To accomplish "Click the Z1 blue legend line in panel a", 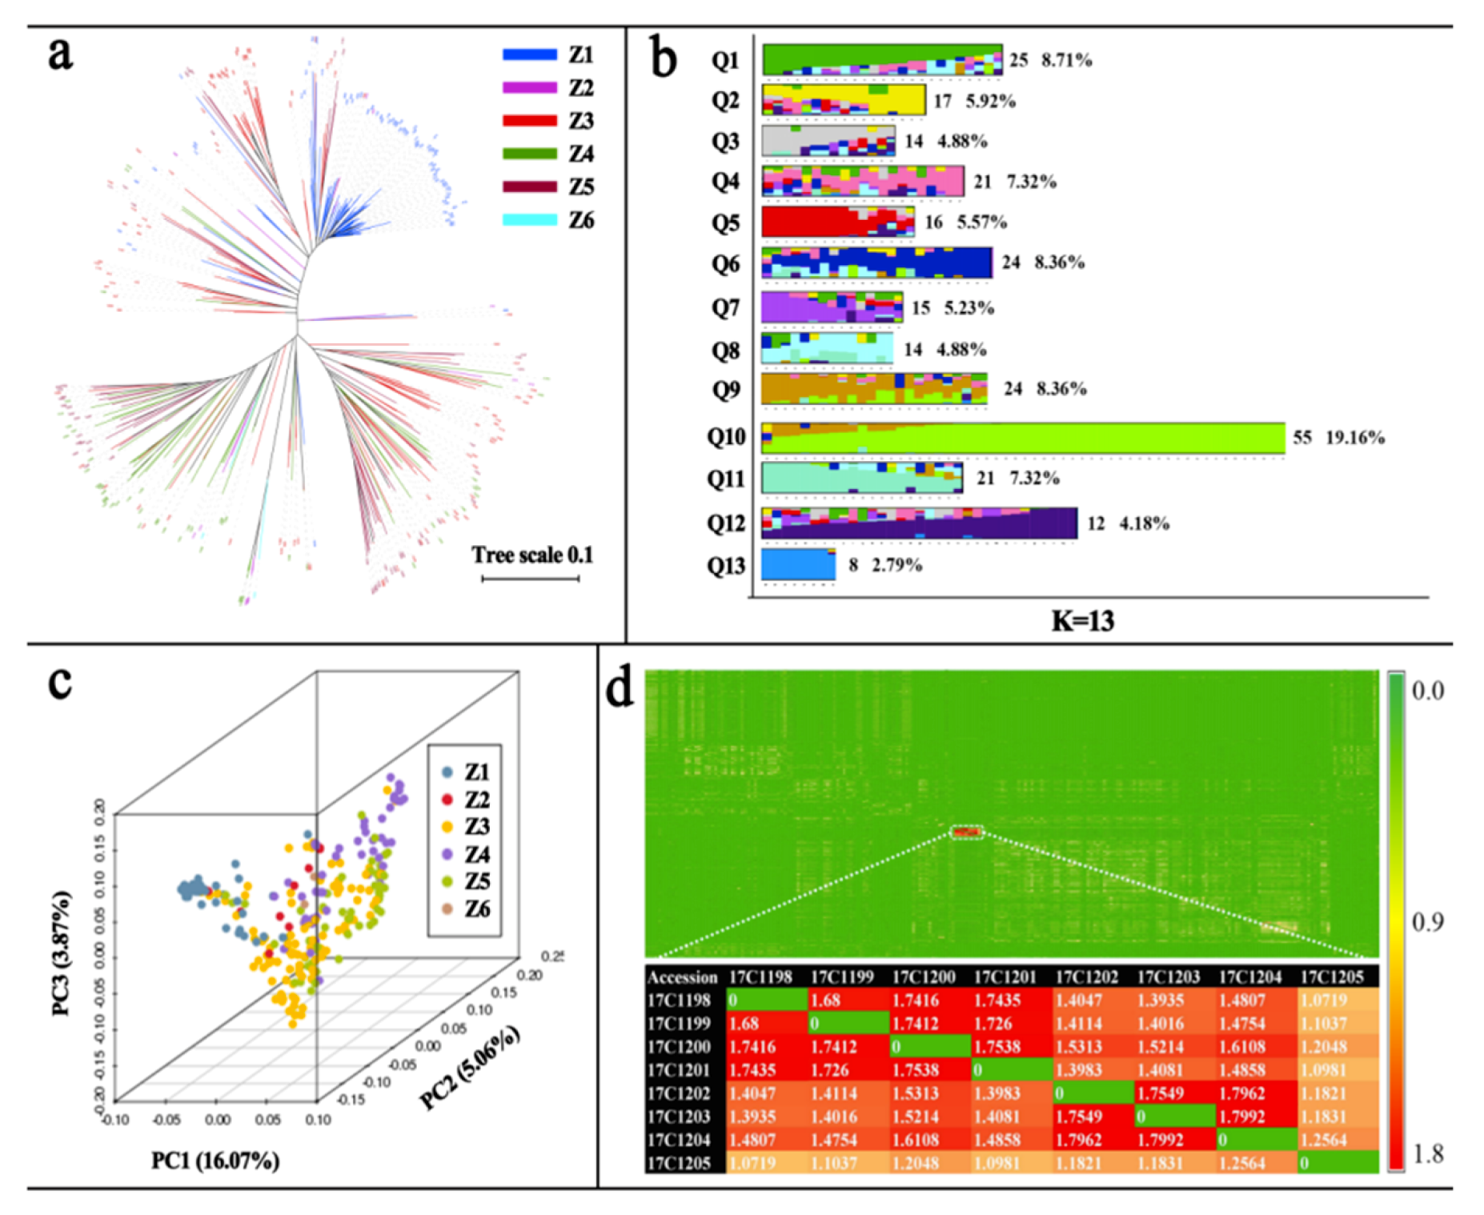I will [x=529, y=54].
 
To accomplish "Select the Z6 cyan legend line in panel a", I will [x=529, y=219].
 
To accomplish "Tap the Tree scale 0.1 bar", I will [x=530, y=578].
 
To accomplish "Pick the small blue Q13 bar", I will [x=798, y=564].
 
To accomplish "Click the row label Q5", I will [x=725, y=222].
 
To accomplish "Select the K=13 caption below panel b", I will [x=1082, y=621].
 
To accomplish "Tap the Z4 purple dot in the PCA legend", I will [x=447, y=854].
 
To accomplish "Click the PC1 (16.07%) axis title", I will [x=215, y=1161].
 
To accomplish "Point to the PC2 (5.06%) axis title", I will [x=470, y=1067].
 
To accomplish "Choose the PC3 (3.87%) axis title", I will [x=62, y=952].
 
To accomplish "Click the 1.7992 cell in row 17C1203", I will [x=1241, y=1117].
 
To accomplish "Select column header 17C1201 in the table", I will [x=1005, y=976].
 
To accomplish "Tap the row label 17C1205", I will [x=679, y=1163].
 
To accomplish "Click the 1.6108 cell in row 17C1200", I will [x=1241, y=1047].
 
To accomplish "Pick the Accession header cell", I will [x=682, y=977].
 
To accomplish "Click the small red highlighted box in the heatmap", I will [x=966, y=832].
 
